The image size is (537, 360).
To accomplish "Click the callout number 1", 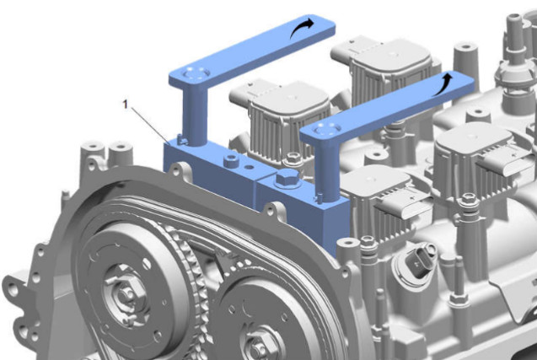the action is coord(126,105).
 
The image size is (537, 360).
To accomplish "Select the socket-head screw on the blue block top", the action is coord(231,160).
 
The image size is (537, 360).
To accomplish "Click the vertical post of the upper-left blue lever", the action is coord(195,116).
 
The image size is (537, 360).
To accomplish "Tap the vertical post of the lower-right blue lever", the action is coord(328,171).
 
